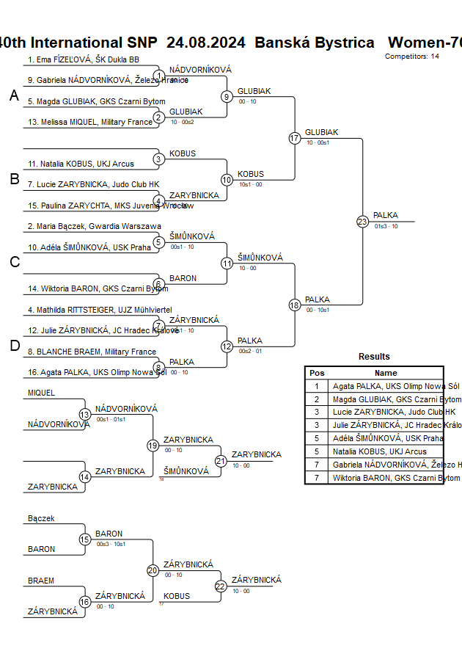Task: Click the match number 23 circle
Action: [362, 221]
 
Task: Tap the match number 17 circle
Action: [295, 138]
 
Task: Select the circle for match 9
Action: [227, 96]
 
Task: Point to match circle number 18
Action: [295, 305]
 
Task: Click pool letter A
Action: [14, 95]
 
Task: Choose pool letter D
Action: [14, 346]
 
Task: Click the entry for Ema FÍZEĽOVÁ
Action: [83, 59]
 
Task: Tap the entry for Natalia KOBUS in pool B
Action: [81, 164]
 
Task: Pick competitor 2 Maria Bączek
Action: [93, 226]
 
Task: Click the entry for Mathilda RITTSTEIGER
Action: [99, 310]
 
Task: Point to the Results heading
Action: [374, 357]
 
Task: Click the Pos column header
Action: [317, 373]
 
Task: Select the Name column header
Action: [386, 373]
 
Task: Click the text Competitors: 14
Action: [412, 56]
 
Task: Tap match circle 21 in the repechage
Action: [221, 461]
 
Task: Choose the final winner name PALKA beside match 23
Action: [386, 215]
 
